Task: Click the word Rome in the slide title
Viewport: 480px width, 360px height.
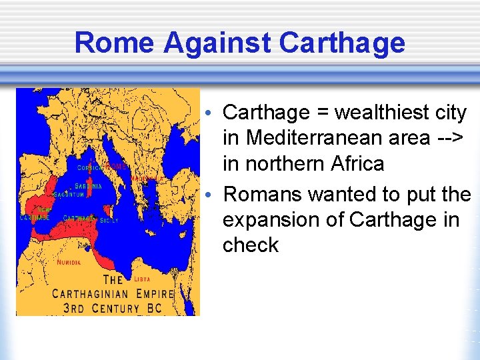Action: (x=115, y=43)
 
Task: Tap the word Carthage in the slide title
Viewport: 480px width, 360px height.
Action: (x=342, y=43)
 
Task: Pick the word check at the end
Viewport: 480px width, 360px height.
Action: (x=251, y=245)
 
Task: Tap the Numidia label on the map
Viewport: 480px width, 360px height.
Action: (x=69, y=263)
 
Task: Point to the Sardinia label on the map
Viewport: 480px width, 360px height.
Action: (x=89, y=187)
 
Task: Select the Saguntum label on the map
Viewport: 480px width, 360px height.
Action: (x=69, y=195)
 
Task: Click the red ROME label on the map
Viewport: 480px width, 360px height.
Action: (x=115, y=166)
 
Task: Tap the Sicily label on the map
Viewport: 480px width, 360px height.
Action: (x=109, y=221)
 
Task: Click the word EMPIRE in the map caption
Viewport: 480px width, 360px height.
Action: (x=158, y=293)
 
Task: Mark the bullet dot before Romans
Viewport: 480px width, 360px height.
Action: (x=209, y=194)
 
